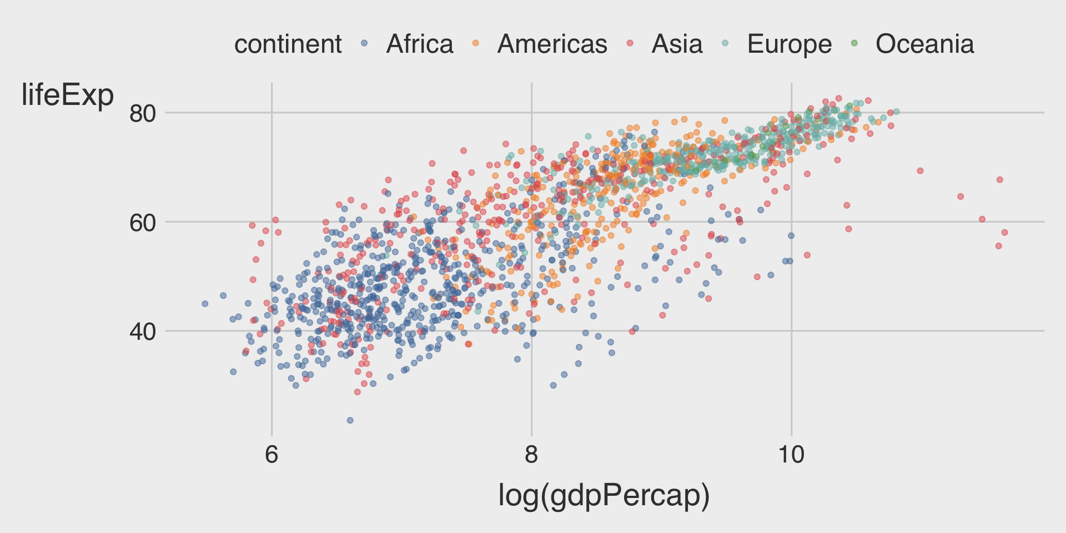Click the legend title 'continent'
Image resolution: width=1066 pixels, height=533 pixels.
288,44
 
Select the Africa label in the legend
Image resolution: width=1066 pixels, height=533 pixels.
420,44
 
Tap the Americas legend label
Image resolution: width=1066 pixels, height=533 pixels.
552,44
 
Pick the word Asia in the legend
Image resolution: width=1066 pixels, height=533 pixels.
677,44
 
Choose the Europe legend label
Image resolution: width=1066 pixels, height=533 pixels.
789,44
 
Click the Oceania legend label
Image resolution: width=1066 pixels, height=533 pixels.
924,44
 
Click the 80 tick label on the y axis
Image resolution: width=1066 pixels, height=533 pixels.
143,114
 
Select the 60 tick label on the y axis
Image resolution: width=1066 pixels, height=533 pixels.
143,223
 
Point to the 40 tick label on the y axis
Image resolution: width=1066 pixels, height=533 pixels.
143,332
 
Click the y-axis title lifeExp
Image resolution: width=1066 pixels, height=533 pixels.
67,95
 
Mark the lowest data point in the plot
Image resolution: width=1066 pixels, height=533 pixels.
350,420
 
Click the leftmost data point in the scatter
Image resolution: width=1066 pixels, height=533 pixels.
205,304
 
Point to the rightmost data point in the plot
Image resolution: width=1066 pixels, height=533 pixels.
1004,233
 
